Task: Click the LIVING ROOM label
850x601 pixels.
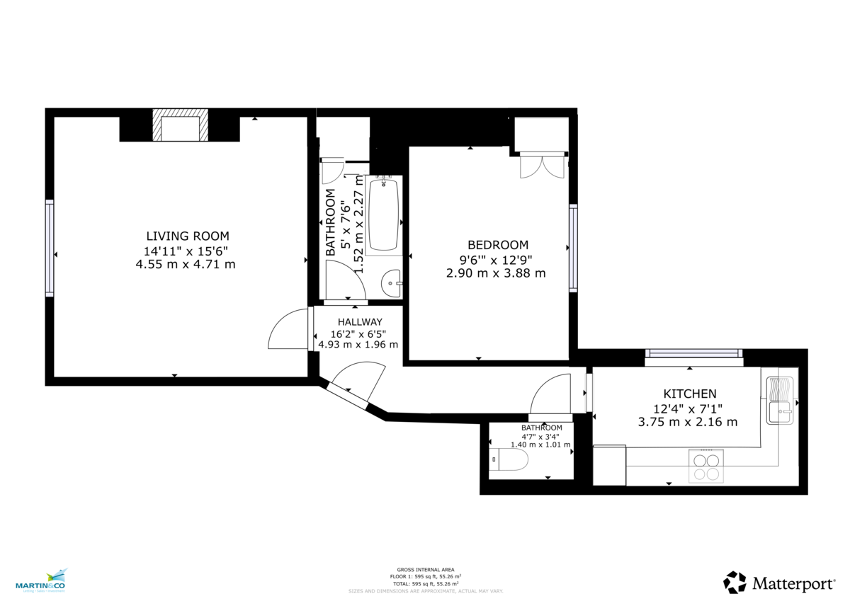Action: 187,236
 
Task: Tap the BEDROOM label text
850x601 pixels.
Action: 497,245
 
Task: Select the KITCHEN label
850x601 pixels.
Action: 689,394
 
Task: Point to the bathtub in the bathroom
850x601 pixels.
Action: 385,214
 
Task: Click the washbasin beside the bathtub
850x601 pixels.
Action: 391,284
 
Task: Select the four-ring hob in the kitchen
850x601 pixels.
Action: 705,466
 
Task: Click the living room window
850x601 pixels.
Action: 50,247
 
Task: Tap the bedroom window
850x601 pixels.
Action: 573,248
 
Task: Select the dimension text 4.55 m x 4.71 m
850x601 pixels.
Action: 186,264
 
